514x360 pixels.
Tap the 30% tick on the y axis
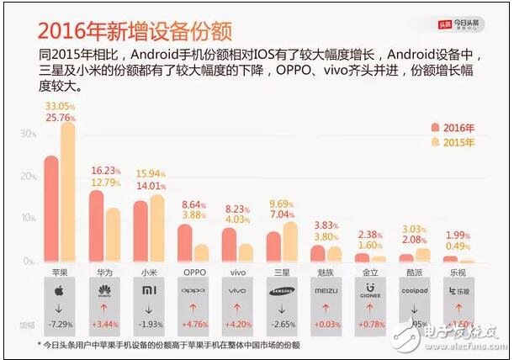pyautogui.click(x=28, y=134)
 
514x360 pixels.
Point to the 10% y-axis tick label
pyautogui.click(x=28, y=218)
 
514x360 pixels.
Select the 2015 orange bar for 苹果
pyautogui.click(x=67, y=193)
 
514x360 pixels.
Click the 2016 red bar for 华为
pyautogui.click(x=96, y=225)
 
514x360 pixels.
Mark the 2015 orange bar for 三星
pyautogui.click(x=290, y=242)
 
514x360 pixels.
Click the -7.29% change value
pyautogui.click(x=60, y=324)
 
